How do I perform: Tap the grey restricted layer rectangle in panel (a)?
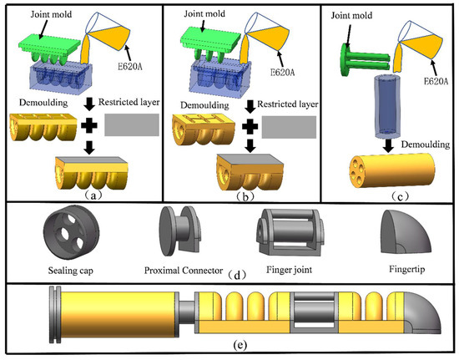pyautogui.click(x=132, y=124)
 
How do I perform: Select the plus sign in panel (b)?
pyautogui.click(x=250, y=126)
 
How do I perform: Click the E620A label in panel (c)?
pyautogui.click(x=436, y=80)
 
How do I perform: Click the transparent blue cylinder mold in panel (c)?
pyautogui.click(x=386, y=106)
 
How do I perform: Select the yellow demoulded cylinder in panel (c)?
pyautogui.click(x=392, y=170)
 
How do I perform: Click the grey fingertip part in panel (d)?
pyautogui.click(x=406, y=231)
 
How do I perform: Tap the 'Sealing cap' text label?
pyautogui.click(x=71, y=270)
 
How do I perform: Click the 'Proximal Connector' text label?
pyautogui.click(x=184, y=270)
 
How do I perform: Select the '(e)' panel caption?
pyautogui.click(x=240, y=345)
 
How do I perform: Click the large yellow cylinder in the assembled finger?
pyautogui.click(x=118, y=314)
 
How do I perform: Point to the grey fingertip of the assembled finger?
pyautogui.click(x=422, y=313)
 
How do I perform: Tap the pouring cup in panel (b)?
pyautogui.click(x=268, y=34)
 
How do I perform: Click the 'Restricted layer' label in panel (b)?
pyautogui.click(x=287, y=104)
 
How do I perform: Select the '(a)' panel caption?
pyautogui.click(x=93, y=195)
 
